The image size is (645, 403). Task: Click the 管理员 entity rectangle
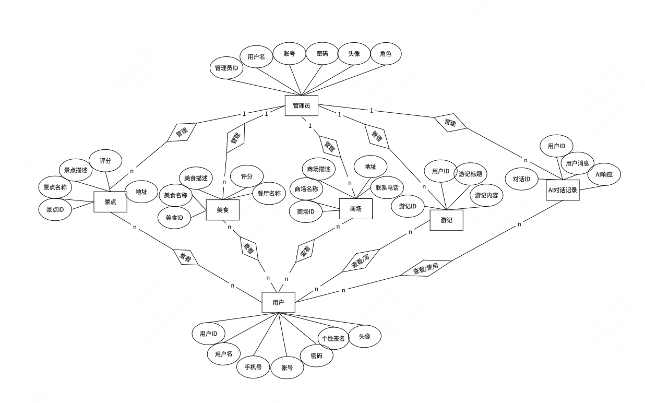(301, 105)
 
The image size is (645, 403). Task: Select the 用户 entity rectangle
(278, 302)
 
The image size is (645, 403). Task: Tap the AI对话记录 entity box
(563, 190)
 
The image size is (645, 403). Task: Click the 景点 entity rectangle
(110, 201)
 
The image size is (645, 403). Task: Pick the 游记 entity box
(446, 220)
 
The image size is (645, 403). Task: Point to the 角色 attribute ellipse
(386, 54)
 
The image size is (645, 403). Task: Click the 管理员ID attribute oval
(226, 68)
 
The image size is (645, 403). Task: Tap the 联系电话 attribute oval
(388, 188)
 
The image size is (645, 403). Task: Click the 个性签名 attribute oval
(333, 338)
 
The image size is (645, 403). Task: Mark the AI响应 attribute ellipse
(604, 174)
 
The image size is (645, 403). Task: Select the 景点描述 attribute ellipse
(76, 170)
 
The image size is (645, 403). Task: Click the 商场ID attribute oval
(306, 211)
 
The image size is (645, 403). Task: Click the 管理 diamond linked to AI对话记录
(450, 123)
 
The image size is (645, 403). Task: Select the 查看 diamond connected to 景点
(186, 257)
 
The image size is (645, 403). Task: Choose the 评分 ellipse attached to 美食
(247, 176)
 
